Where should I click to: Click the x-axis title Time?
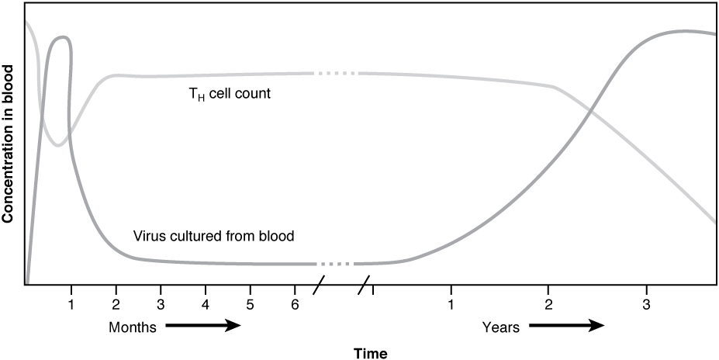370,354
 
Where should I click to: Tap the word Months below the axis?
133,327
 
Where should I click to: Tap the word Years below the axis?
501,327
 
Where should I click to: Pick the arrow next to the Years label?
567,327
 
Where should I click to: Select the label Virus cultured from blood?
213,235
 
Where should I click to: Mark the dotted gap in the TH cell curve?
336,74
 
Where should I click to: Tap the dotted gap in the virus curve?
336,264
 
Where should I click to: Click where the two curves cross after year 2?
591,110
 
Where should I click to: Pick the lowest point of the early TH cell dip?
57,145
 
